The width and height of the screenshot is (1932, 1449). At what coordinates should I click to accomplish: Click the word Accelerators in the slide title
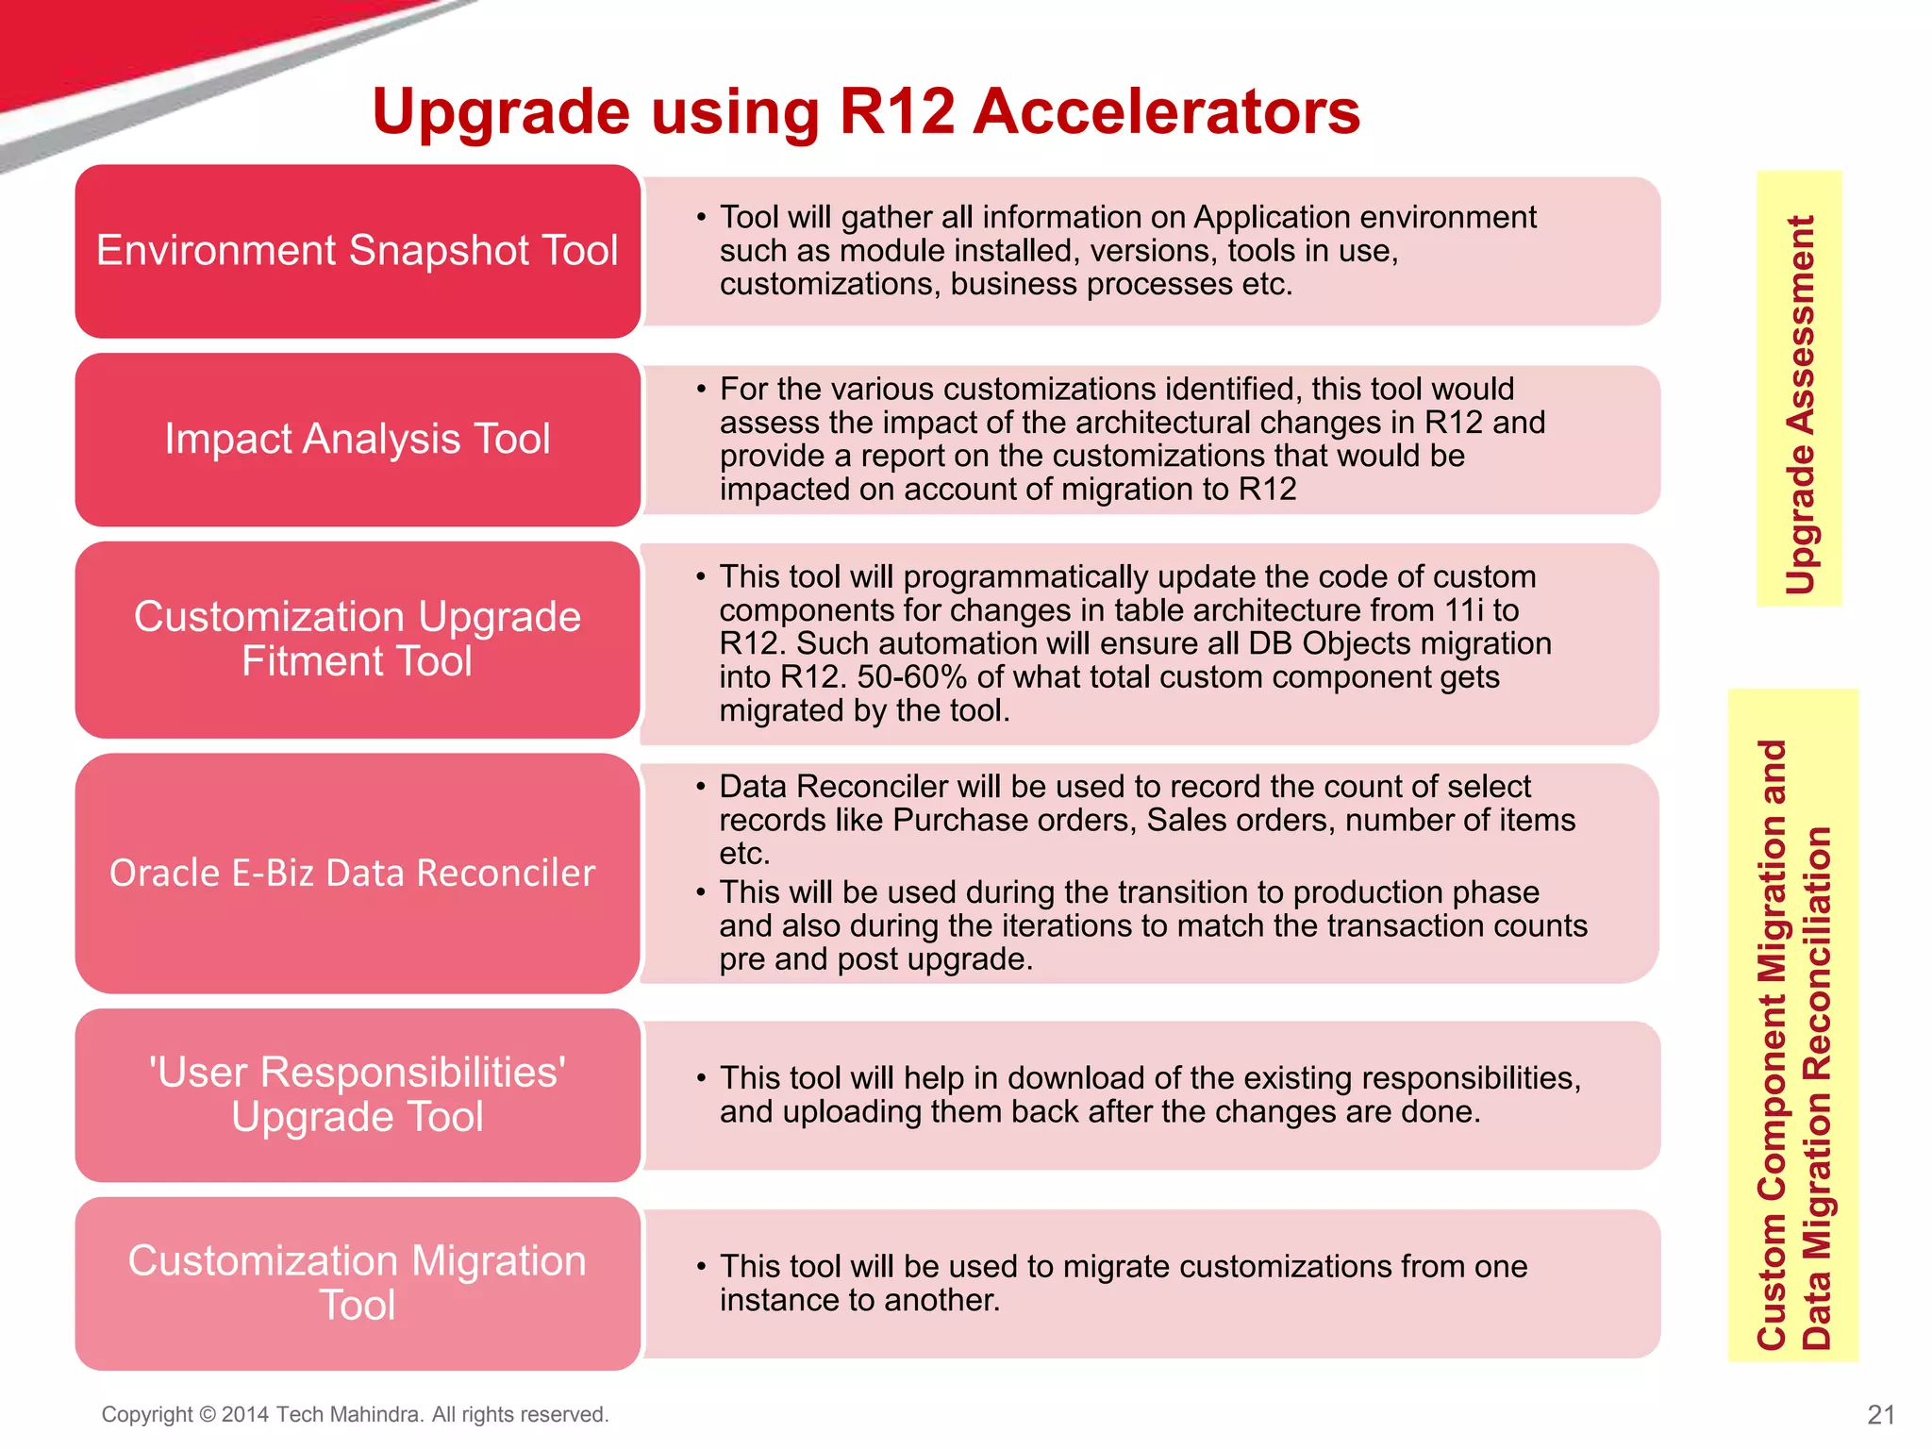1166,112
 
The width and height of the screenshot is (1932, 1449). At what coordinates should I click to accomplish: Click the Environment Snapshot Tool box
358,251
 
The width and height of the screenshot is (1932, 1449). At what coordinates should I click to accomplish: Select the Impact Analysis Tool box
358,440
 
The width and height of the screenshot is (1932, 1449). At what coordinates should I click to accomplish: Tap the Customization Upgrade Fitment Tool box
358,639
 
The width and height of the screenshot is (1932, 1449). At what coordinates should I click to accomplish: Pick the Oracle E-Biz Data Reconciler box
358,873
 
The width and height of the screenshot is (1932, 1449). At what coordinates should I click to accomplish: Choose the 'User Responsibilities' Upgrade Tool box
358,1094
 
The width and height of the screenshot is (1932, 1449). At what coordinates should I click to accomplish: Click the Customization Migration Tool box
358,1283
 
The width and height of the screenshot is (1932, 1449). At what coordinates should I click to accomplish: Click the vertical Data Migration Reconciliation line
1817,1085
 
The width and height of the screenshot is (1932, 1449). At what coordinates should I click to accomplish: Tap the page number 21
1881,1414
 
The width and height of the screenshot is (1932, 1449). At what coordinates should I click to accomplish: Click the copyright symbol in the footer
208,1415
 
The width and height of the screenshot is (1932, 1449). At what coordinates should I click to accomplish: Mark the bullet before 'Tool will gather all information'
701,218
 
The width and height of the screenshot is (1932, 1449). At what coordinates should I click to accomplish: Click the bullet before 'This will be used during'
701,892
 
